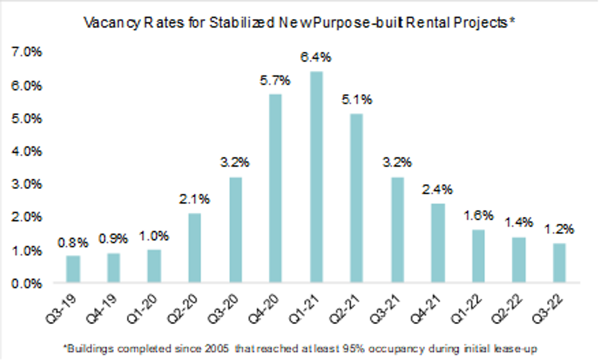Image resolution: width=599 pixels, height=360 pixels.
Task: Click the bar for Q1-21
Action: tap(316, 177)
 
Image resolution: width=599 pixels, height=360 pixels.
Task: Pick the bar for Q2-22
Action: tap(518, 260)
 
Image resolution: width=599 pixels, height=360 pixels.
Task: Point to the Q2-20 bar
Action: tap(194, 248)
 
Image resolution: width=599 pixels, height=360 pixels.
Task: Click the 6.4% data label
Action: tap(316, 57)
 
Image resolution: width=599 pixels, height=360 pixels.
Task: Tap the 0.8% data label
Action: tap(73, 242)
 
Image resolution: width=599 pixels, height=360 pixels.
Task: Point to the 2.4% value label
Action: tap(437, 189)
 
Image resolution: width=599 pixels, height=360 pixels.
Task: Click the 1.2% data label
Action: tap(559, 229)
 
